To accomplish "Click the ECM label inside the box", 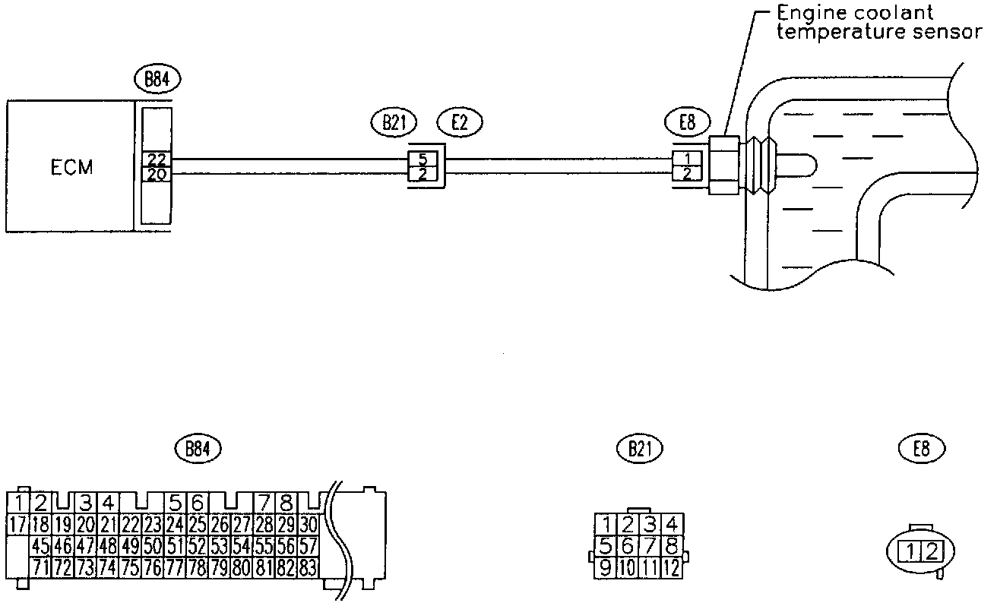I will pos(71,168).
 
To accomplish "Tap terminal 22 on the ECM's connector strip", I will pos(157,160).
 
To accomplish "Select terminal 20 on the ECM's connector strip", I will pos(157,174).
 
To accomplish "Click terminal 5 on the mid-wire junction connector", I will pos(423,160).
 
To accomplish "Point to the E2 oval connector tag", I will pos(460,122).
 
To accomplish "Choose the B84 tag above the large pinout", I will pos(197,448).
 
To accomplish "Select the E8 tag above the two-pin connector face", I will pos(922,449).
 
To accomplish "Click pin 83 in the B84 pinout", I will pos(308,566).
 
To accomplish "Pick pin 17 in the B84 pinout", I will pos(17,523).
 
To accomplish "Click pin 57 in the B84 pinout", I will pos(308,545).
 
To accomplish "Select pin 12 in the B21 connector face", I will pos(671,566).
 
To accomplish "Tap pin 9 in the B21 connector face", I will pos(606,566).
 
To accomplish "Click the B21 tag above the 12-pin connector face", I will pos(640,449).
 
